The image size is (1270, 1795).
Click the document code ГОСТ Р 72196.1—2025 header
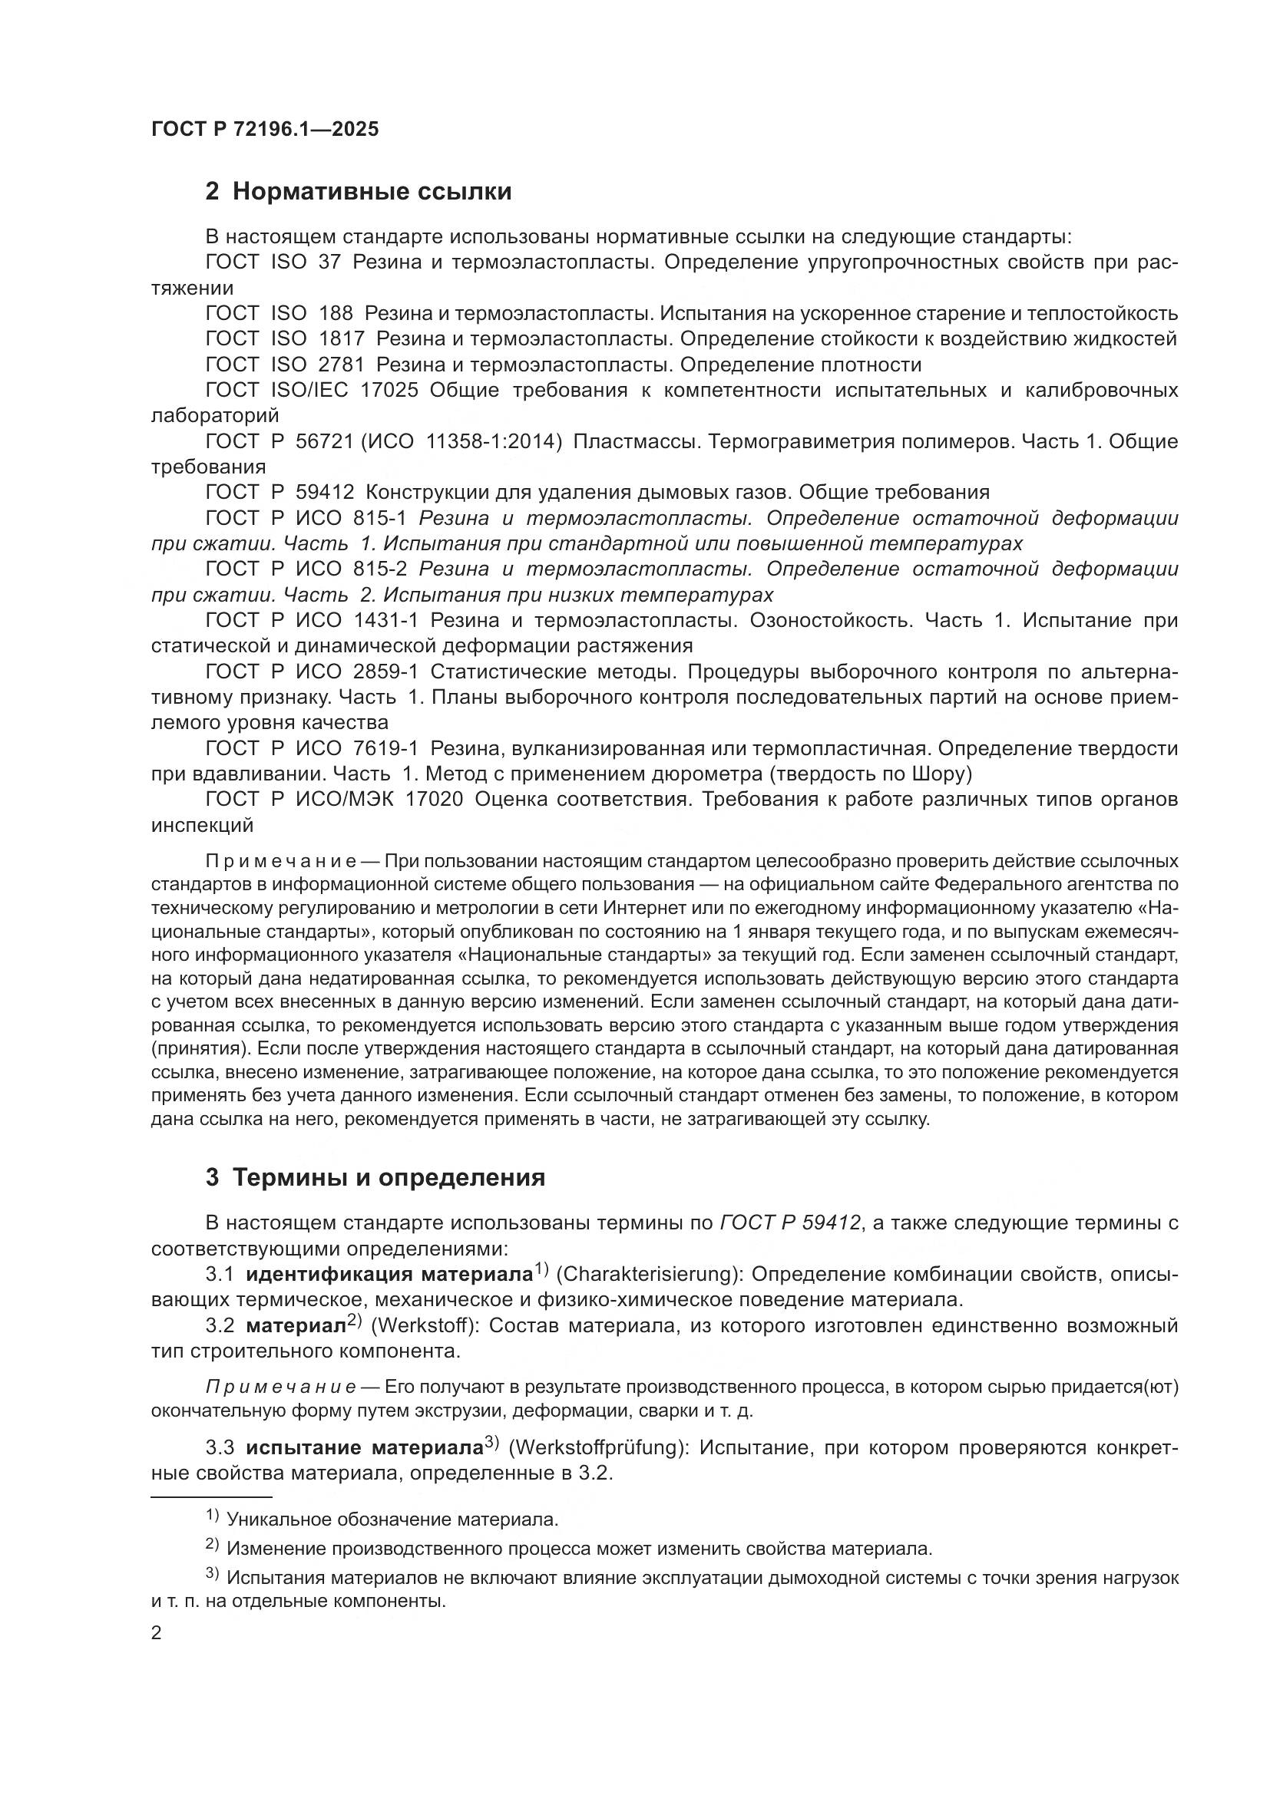265,130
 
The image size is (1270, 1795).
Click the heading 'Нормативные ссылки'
372,192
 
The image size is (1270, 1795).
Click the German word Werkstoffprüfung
597,1448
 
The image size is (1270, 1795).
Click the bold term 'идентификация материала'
389,1275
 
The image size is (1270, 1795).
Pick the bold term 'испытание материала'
364,1448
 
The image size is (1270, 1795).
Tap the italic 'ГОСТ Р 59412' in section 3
791,1223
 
